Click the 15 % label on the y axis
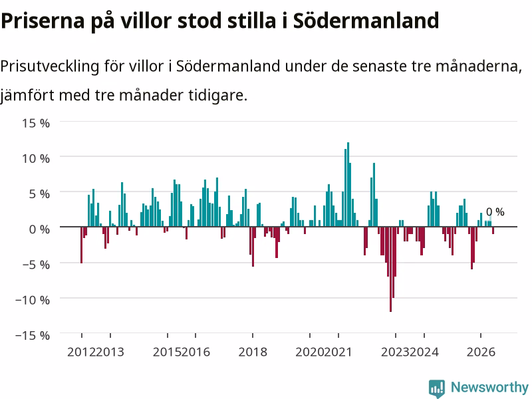coord(36,123)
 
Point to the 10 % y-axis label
coord(36,158)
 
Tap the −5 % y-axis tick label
coord(36,264)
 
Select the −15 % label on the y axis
coord(33,335)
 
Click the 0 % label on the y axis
coord(39,229)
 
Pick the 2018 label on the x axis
coord(253,352)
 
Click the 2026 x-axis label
coord(481,352)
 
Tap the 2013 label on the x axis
coord(110,352)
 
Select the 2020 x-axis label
coord(309,352)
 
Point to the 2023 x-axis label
coord(395,352)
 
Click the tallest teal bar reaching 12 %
coord(348,185)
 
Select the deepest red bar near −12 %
coord(390,269)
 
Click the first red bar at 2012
coord(81,245)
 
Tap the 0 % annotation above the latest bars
coord(495,211)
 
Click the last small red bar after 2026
coord(493,230)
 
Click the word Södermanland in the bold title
coord(366,21)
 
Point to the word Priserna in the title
coord(43,21)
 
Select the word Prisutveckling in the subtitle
coord(49,66)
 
